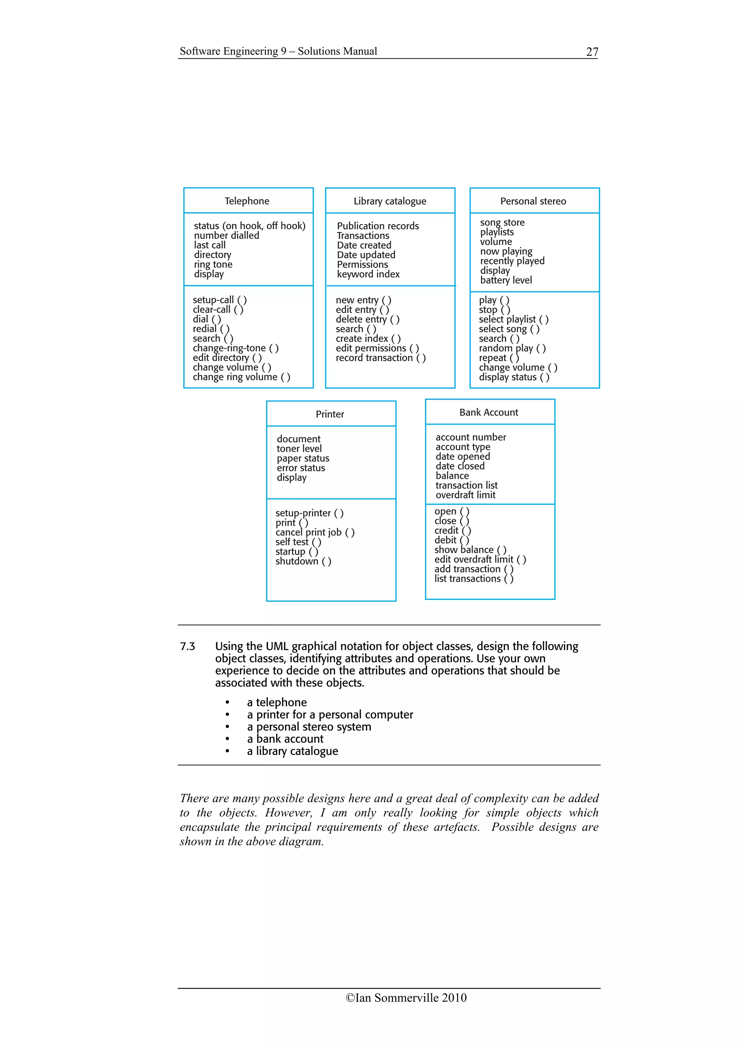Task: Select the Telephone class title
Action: click(247, 201)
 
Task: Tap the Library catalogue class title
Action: click(390, 201)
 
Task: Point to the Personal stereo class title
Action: click(533, 201)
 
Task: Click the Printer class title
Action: click(330, 414)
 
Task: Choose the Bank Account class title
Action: click(488, 412)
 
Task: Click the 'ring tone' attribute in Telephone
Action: click(213, 265)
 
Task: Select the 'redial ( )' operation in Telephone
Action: click(210, 329)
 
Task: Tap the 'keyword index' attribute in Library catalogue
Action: click(368, 274)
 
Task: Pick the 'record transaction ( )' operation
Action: click(381, 358)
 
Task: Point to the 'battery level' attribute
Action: click(506, 280)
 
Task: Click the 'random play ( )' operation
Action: click(512, 349)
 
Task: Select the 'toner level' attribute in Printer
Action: click(299, 449)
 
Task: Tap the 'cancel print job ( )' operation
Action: click(315, 532)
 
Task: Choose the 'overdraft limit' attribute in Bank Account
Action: click(465, 495)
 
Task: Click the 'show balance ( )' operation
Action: click(470, 550)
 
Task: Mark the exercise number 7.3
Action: click(187, 646)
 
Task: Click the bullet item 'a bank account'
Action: click(285, 739)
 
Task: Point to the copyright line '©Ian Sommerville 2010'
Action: click(406, 998)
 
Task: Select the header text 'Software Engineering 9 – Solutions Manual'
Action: click(278, 51)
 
